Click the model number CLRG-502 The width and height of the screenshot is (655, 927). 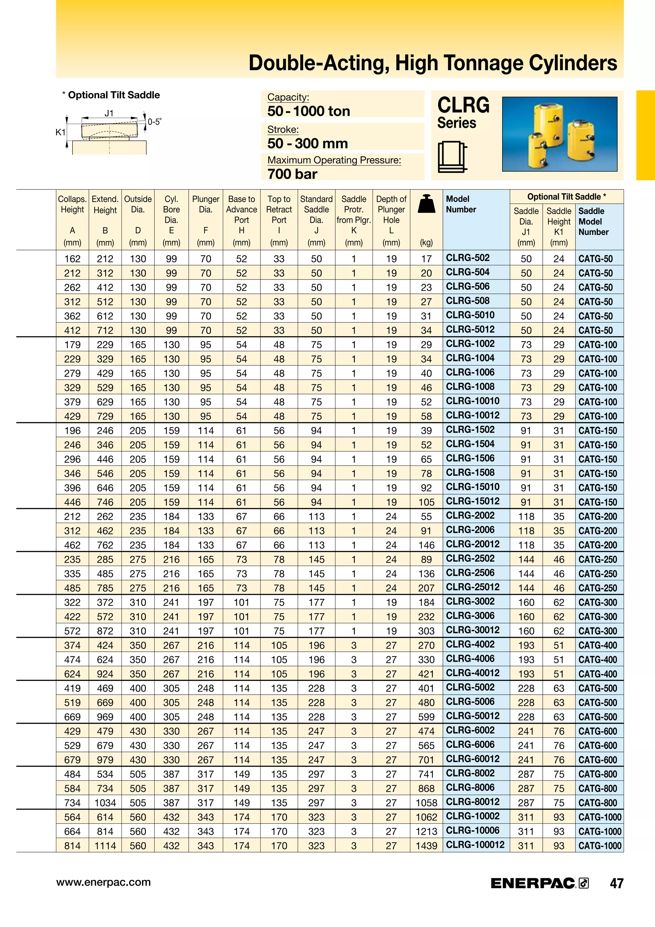tap(468, 258)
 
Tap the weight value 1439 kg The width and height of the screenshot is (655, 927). tap(426, 846)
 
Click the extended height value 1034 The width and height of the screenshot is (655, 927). tap(105, 803)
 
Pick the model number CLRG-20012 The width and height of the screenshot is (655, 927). tap(472, 544)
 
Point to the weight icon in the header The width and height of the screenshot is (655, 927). tap(426, 204)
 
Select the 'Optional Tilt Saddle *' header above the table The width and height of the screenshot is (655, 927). tap(566, 197)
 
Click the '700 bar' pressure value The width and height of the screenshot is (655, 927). tap(292, 174)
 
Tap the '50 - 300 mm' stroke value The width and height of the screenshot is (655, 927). tap(307, 143)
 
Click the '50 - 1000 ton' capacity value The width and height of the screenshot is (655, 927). tap(309, 111)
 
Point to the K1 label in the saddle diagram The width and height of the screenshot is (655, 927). tap(60, 133)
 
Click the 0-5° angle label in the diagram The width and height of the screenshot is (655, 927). tap(154, 122)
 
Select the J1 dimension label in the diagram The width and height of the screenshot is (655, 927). tap(109, 113)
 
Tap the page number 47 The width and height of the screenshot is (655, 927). tap(616, 883)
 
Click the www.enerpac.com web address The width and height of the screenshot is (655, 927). tap(103, 882)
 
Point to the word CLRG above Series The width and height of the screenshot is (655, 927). tap(463, 105)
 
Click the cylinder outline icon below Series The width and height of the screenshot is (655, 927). tap(452, 157)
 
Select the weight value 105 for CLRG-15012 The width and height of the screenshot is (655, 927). tap(426, 502)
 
